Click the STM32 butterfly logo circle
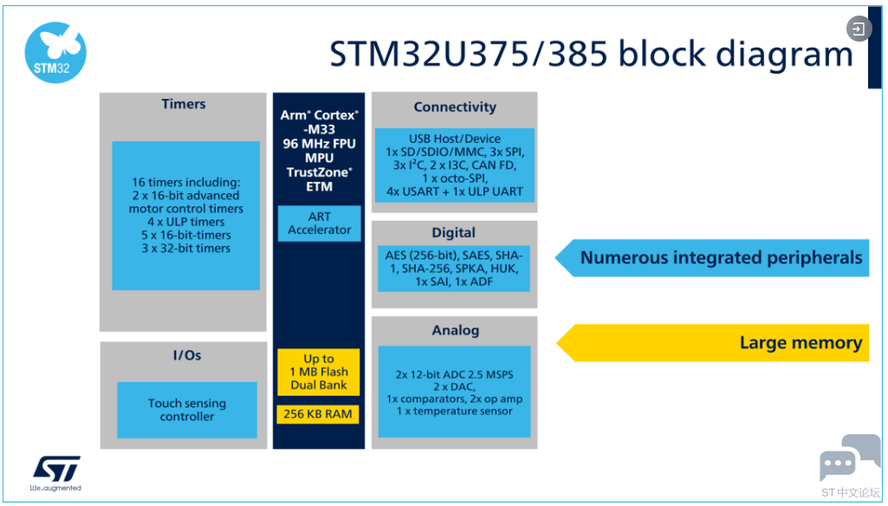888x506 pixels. (55, 53)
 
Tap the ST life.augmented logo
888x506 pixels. (55, 472)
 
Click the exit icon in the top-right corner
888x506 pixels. (859, 29)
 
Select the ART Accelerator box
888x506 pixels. (320, 224)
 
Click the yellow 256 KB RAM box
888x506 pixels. (318, 414)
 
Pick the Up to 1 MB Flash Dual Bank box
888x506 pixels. (318, 372)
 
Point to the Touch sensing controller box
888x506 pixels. (187, 410)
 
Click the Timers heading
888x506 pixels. (184, 104)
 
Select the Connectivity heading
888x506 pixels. (455, 107)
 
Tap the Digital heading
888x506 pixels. (454, 233)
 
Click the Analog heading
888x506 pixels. (456, 330)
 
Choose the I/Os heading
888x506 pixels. (187, 355)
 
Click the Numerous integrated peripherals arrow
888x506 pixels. (712, 258)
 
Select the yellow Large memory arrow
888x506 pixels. (712, 343)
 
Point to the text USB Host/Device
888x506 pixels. (455, 139)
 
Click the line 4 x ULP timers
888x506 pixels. (185, 222)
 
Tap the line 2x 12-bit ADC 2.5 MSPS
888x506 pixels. (454, 374)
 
